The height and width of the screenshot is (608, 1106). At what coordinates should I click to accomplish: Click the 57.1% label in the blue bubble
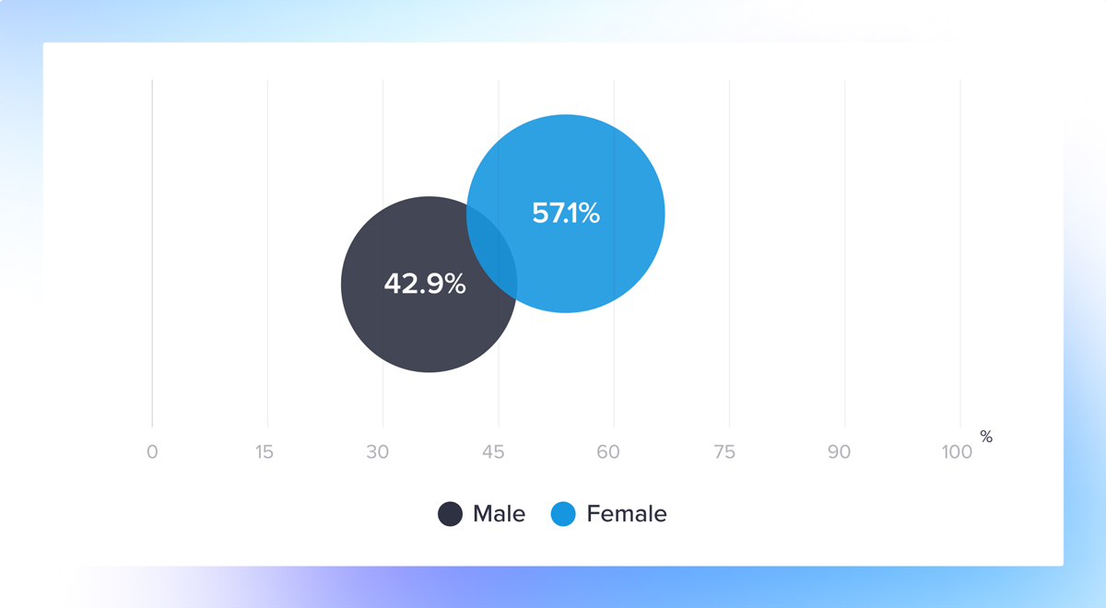(566, 213)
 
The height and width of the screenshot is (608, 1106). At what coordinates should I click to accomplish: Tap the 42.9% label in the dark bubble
(425, 284)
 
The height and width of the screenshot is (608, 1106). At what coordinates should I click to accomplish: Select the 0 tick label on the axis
(152, 451)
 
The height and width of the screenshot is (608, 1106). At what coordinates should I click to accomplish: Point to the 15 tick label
(265, 451)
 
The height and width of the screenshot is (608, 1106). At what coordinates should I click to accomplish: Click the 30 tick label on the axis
(378, 451)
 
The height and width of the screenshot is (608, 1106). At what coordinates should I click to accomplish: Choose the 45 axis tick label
(493, 451)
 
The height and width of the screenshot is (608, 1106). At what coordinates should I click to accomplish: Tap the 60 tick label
(607, 451)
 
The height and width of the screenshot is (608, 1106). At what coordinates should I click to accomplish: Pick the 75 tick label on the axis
(724, 451)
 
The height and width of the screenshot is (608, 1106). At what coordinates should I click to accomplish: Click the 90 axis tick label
(839, 451)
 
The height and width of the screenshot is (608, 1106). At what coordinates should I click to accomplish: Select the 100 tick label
(957, 451)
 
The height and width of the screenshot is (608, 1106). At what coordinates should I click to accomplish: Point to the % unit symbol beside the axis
(986, 437)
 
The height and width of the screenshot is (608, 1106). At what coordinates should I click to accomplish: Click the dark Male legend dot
(450, 514)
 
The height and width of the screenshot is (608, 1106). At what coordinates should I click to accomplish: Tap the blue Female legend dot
(563, 514)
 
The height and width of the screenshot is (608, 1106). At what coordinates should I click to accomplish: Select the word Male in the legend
(499, 514)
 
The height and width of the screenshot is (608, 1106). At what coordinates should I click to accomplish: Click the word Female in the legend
(627, 514)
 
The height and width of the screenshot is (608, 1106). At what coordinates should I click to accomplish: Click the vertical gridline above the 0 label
(152, 253)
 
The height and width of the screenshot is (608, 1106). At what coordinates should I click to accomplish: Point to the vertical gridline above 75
(729, 253)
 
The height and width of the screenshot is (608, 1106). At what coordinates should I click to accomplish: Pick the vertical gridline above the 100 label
(960, 253)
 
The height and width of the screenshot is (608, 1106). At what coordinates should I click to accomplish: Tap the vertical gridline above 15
(267, 253)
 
